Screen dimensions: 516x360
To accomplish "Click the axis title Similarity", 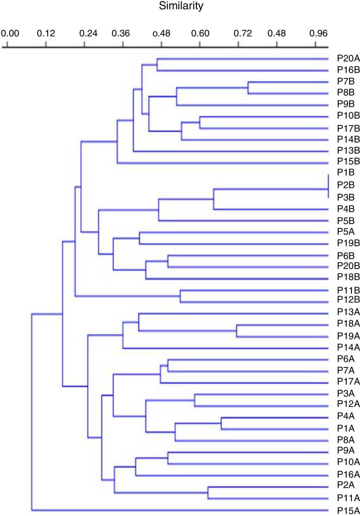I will pyautogui.click(x=181, y=6).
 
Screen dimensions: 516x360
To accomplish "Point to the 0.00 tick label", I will pyautogui.click(x=10, y=33).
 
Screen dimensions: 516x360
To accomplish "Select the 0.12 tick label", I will pyautogui.click(x=46, y=33).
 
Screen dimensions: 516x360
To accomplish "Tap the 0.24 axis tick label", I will pyautogui.click(x=88, y=33).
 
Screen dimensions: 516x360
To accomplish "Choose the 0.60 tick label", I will pyautogui.click(x=200, y=33).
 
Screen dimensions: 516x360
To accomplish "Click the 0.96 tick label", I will pyautogui.click(x=318, y=33).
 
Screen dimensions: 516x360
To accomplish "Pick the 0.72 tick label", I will pyautogui.click(x=243, y=33).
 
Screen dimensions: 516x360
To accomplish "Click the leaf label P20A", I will pyautogui.click(x=348, y=59).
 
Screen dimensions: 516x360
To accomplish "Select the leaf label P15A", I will pyautogui.click(x=348, y=511).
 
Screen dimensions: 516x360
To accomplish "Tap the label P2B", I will pyautogui.click(x=346, y=185).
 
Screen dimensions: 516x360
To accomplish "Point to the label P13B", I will pyautogui.click(x=348, y=150).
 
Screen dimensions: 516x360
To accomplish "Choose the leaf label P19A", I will pyautogui.click(x=348, y=336).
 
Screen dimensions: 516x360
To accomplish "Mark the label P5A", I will pyautogui.click(x=346, y=231).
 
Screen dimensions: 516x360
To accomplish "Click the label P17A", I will pyautogui.click(x=348, y=381).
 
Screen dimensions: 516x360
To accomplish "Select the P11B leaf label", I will pyautogui.click(x=348, y=290).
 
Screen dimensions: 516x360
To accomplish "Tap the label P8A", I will pyautogui.click(x=346, y=440).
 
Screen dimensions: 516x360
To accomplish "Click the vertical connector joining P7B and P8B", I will pyautogui.click(x=248, y=88).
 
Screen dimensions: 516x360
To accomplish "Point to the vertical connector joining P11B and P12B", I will pyautogui.click(x=180, y=296).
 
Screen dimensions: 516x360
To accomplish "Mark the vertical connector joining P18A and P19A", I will pyautogui.click(x=237, y=331).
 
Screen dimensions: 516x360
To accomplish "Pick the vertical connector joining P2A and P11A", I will pyautogui.click(x=208, y=492).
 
